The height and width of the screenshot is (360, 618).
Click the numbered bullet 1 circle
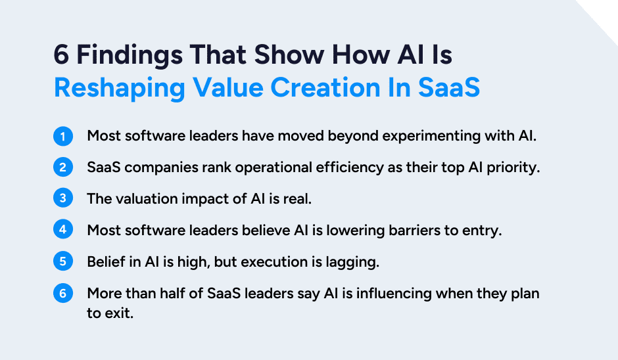[63, 137]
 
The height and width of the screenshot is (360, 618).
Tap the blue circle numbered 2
[63, 168]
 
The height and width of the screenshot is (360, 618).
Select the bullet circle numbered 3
[63, 199]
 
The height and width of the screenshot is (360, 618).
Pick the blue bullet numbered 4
[63, 230]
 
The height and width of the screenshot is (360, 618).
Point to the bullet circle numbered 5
[63, 261]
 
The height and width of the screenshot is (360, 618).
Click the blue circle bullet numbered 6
[63, 293]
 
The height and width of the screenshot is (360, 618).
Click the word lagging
[354, 261]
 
